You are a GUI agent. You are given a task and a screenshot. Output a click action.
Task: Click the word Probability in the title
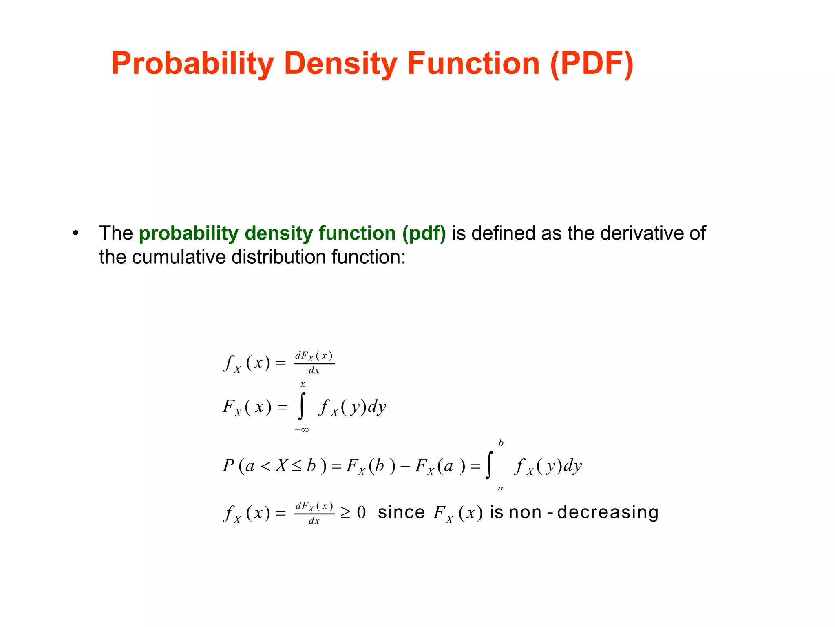192,64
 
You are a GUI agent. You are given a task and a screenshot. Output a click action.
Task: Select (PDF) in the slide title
591,64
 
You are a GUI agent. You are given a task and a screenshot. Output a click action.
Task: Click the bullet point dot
75,233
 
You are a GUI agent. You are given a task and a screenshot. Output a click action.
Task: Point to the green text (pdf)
424,233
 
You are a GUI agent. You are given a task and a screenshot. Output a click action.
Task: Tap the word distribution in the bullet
279,257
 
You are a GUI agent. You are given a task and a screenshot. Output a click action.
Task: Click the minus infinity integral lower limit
301,430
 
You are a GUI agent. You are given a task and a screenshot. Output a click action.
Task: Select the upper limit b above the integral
501,443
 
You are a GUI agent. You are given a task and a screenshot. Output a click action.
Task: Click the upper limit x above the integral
303,385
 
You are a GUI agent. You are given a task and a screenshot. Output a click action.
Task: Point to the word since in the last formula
401,512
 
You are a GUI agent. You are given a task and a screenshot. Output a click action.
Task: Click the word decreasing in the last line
607,512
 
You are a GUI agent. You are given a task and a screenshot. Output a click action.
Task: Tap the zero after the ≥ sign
361,513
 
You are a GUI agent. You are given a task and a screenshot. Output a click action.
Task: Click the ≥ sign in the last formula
346,513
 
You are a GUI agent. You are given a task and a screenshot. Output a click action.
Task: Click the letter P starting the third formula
228,466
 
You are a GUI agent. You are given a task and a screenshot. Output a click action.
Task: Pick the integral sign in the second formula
302,407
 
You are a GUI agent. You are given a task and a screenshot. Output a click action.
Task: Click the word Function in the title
473,64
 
